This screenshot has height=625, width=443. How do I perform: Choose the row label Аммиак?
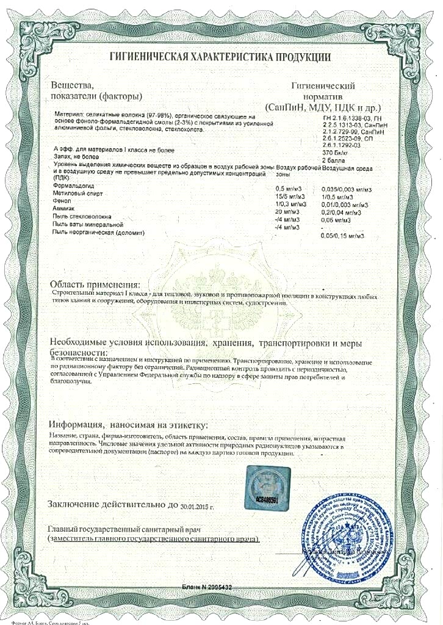pos(65,209)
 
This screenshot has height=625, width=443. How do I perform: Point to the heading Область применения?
pos(95,284)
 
